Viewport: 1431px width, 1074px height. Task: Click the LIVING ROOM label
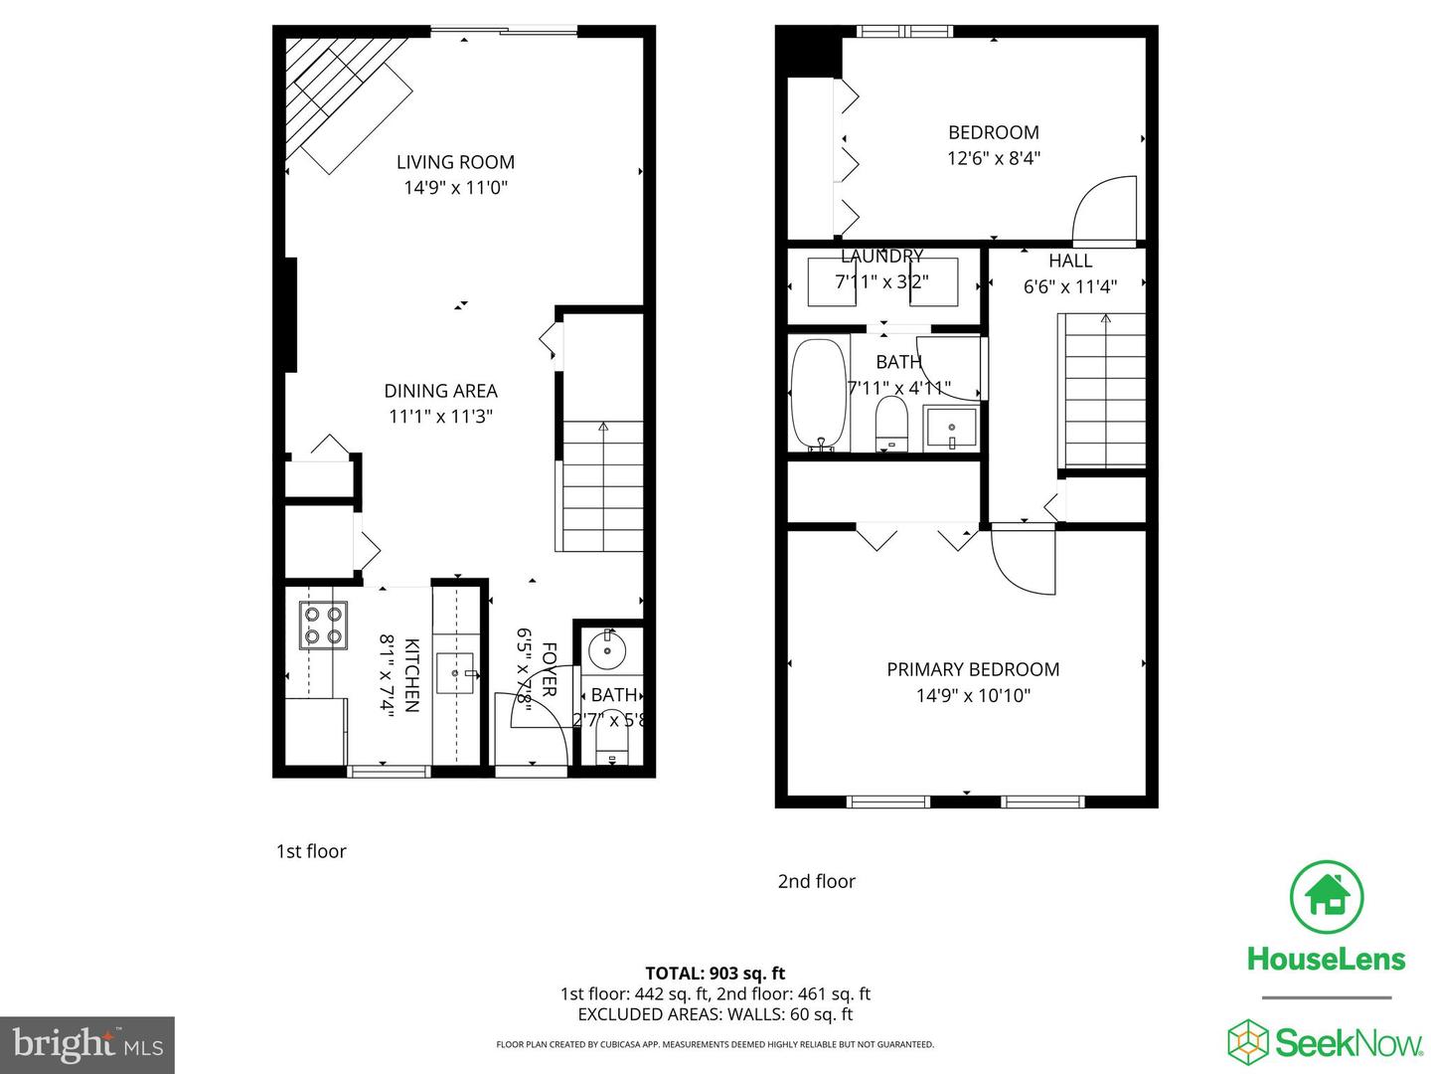[455, 162]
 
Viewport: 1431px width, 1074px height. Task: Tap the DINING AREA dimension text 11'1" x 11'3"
[440, 417]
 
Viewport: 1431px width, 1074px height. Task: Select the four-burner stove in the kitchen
[323, 626]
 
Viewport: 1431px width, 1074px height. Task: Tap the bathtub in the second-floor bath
[819, 395]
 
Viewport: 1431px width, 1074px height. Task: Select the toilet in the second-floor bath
[891, 425]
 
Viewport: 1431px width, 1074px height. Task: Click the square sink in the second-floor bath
[951, 428]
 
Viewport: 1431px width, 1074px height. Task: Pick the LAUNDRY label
[881, 257]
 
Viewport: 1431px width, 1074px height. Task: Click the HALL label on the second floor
[1070, 261]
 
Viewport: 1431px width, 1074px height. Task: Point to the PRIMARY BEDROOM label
[972, 669]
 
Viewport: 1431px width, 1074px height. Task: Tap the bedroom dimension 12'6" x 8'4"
[993, 158]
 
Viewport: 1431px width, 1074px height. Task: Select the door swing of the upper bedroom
[1103, 211]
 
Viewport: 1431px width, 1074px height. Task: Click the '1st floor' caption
[311, 851]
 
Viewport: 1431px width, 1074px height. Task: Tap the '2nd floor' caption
[816, 881]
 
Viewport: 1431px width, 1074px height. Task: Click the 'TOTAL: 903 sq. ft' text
[715, 974]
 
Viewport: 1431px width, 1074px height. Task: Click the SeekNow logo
[1326, 1042]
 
